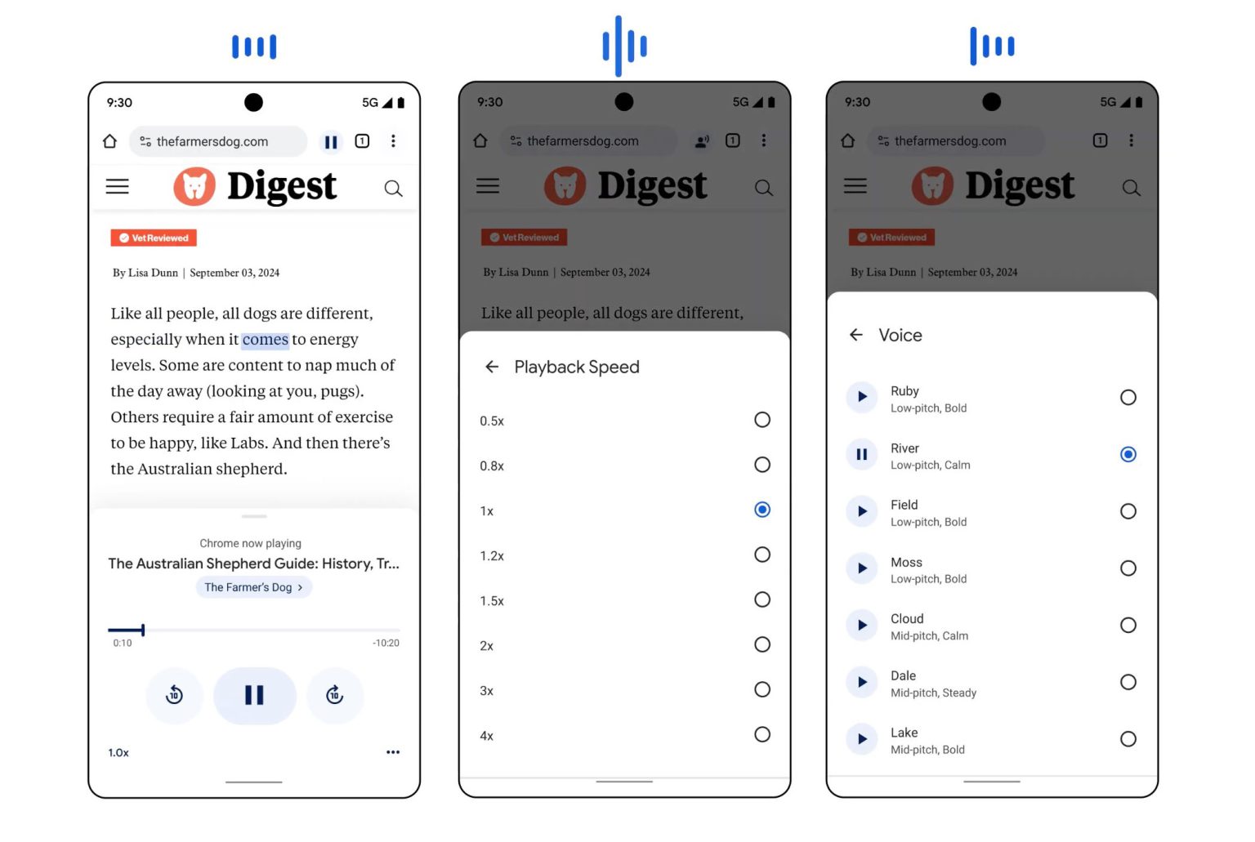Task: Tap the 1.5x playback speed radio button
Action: pos(762,599)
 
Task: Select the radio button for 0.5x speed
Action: pos(762,420)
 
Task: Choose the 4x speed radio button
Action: pos(762,734)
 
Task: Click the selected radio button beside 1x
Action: pos(762,510)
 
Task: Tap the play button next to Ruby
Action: pos(862,398)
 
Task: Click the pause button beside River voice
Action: pos(862,455)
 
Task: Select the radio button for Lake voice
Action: pos(1128,739)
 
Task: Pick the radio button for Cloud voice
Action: pos(1128,626)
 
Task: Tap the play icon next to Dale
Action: pos(862,683)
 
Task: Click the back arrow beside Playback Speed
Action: pos(492,368)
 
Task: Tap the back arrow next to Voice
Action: pos(856,336)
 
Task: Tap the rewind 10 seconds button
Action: pos(174,695)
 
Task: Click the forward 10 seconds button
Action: pos(335,695)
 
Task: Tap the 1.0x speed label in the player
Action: pos(118,753)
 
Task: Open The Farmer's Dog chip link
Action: pos(254,587)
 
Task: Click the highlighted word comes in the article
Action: pos(265,340)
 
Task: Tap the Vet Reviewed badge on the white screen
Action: pos(154,238)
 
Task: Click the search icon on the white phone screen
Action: pos(393,189)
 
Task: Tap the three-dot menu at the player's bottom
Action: pos(393,752)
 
